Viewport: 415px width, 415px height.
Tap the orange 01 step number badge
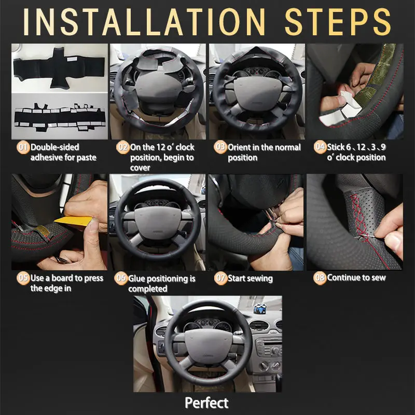pos(23,147)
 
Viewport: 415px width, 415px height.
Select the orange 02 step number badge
pos(122,147)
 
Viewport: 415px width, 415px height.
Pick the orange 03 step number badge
pos(220,147)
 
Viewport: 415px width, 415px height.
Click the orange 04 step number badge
pos(320,147)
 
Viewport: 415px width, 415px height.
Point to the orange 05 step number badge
pos(23,278)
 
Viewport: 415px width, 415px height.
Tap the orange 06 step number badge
pos(121,279)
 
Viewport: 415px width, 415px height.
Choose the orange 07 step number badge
pos(220,278)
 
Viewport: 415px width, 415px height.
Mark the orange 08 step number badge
pos(320,278)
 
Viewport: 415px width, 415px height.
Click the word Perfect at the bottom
pos(207,403)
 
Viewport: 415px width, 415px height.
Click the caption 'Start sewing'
pos(251,279)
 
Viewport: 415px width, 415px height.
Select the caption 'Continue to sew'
pos(356,278)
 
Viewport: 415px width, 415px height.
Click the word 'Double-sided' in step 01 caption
pos(54,147)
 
